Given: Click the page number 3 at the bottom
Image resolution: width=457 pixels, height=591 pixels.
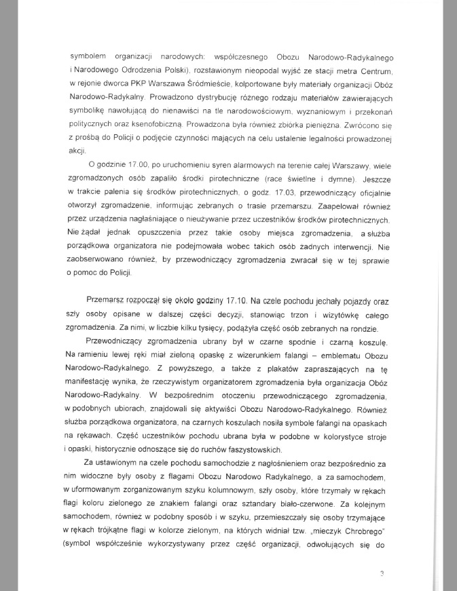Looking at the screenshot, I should (382, 573).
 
